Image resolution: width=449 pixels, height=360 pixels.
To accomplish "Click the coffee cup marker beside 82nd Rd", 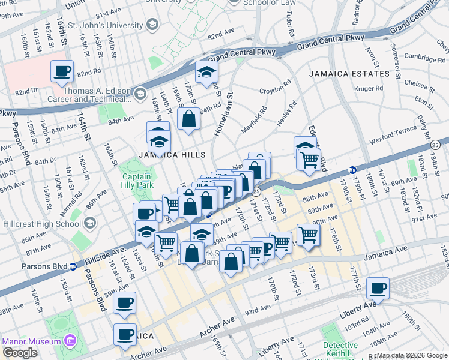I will (x=62, y=72).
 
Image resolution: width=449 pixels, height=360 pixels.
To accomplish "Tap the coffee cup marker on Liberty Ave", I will (x=378, y=289).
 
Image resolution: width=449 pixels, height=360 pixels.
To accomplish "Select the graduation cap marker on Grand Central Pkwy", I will (x=206, y=73).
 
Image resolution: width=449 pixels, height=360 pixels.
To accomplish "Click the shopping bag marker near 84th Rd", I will (x=188, y=119).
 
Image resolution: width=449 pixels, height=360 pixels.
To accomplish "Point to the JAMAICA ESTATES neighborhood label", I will (x=349, y=74).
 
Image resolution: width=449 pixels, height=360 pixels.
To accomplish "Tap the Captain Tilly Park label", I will (x=137, y=182).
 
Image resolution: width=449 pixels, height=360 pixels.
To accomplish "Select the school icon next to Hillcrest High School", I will (x=90, y=223).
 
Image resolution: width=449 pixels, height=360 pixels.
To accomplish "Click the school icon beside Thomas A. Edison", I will (x=140, y=93).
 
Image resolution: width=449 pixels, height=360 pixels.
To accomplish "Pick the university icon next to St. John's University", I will (x=152, y=25).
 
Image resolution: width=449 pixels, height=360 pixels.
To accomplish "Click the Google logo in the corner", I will (x=20, y=353).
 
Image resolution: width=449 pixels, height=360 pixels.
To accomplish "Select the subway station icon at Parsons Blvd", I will (x=73, y=266).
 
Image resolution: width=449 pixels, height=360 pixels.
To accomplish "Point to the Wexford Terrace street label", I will (x=393, y=131).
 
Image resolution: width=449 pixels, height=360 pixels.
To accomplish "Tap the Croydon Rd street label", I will (x=275, y=91).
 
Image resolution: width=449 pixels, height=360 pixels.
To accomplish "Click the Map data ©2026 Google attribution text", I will (x=412, y=355).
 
